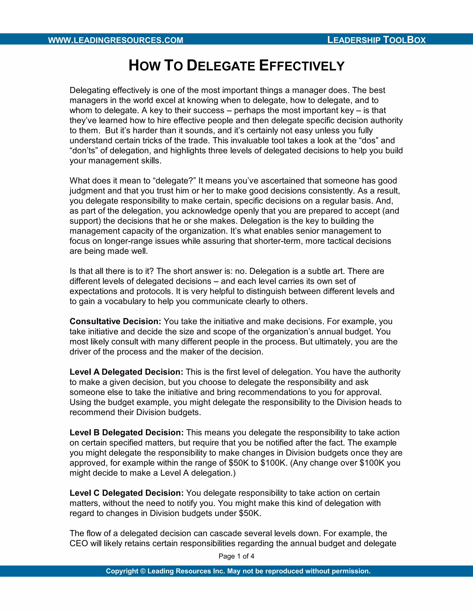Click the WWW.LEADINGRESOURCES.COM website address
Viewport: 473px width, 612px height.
pos(115,40)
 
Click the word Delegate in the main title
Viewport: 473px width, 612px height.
pos(221,66)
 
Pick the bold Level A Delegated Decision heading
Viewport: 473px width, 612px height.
pos(126,372)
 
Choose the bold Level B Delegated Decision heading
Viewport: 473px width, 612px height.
pos(126,432)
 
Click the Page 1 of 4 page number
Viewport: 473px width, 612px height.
pos(236,556)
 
